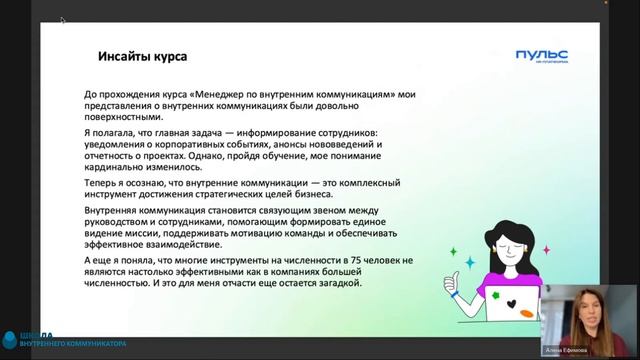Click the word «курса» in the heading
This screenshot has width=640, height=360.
coord(167,57)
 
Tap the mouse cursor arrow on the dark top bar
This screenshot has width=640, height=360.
coord(62,19)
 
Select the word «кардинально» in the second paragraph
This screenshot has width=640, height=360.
coord(117,168)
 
